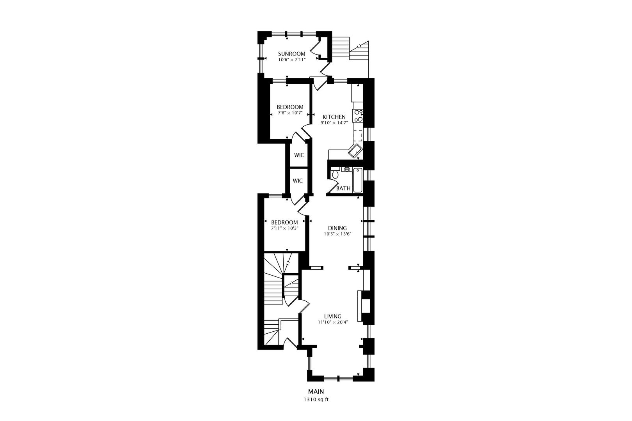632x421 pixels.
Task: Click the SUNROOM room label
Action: (x=292, y=53)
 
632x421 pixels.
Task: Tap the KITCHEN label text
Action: (x=334, y=117)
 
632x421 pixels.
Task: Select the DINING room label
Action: (x=337, y=228)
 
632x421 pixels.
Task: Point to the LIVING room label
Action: (x=333, y=316)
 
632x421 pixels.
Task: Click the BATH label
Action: (x=343, y=188)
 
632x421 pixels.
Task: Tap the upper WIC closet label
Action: (x=299, y=155)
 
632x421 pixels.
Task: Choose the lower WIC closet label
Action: (x=298, y=181)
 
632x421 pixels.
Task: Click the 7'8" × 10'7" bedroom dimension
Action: (x=290, y=113)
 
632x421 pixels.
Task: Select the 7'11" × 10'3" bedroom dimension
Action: (x=285, y=228)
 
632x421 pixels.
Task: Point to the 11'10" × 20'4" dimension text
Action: (x=333, y=322)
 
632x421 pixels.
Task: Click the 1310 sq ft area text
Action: (x=316, y=400)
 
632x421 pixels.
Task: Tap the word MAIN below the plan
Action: (x=316, y=392)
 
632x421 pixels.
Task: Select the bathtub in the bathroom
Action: (x=358, y=180)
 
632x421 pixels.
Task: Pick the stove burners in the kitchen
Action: (x=358, y=116)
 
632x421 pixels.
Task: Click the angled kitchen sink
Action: (x=355, y=151)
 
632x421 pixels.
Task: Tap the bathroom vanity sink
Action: (x=347, y=169)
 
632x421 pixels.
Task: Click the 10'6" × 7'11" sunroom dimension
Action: (x=292, y=60)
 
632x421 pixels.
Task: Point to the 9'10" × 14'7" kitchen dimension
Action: (x=334, y=123)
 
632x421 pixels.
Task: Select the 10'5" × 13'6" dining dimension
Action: (x=337, y=234)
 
